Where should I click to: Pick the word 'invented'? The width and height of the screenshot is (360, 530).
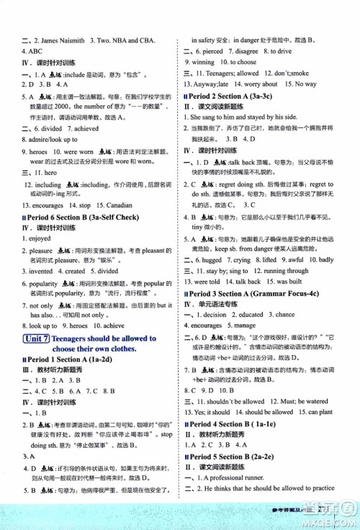coord(41,271)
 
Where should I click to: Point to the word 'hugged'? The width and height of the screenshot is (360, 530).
coord(216,259)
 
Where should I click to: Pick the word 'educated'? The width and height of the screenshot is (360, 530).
coord(253,315)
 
